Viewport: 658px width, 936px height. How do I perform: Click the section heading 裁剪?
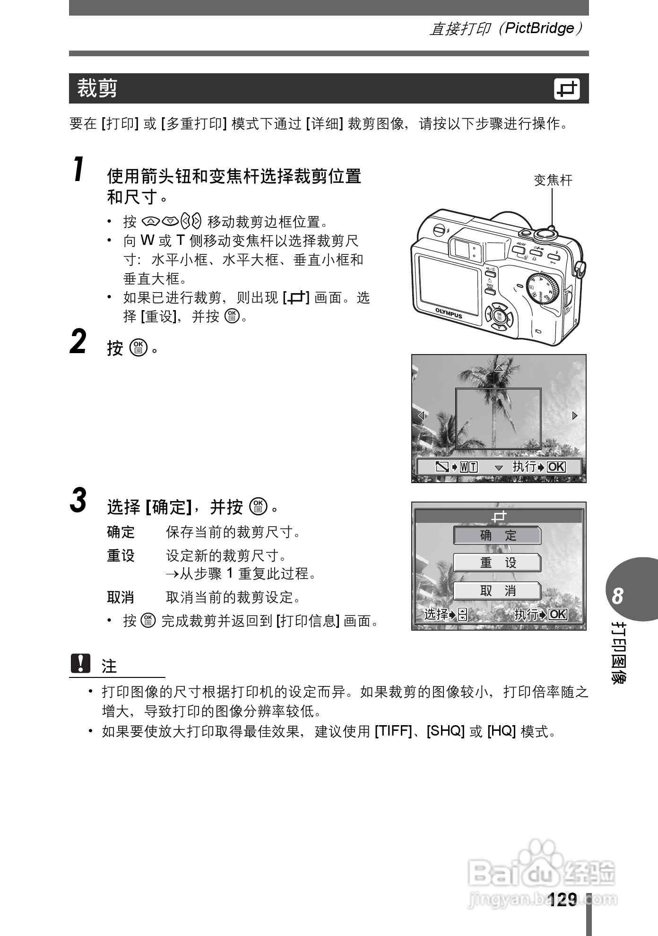pos(97,88)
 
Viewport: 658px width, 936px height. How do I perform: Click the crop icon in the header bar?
pos(566,89)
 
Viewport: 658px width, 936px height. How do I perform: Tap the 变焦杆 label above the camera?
pos(553,180)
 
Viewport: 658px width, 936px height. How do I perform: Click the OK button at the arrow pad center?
pos(499,316)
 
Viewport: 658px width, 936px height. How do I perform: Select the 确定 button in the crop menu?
pos(497,535)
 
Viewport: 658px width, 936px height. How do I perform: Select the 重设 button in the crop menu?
pos(497,563)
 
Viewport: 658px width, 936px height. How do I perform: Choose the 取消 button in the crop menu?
pos(497,590)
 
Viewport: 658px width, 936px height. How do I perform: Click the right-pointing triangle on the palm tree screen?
pos(575,416)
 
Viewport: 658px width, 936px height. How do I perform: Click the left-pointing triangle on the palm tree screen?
pos(421,416)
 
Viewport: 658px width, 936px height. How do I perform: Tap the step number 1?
pos(79,170)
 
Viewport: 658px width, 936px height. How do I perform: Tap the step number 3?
pos(78,500)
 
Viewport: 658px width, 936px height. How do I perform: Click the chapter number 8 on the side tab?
pos(617,596)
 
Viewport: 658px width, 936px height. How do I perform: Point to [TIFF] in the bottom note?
pos(393,731)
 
